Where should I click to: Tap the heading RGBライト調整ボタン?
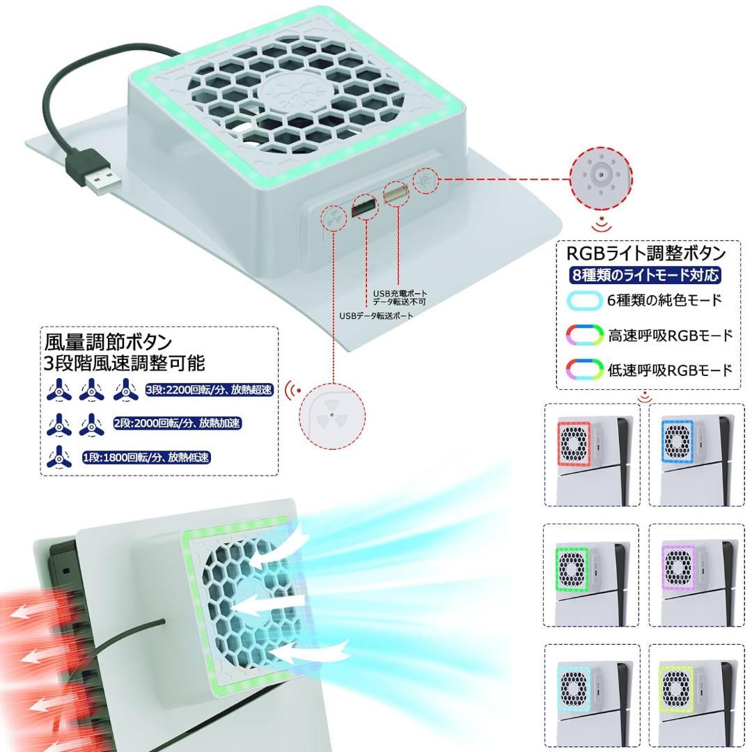647,253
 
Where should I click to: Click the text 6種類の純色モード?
664,301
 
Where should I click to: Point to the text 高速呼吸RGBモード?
670,335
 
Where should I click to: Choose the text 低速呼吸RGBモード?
670,370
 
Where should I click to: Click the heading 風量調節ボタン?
108,342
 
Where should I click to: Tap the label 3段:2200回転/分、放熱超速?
208,390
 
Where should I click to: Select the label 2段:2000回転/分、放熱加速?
177,423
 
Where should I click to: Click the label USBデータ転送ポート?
376,315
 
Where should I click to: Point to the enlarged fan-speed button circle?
332,416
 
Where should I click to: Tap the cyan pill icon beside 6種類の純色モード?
583,301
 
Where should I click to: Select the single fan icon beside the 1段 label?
58,457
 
